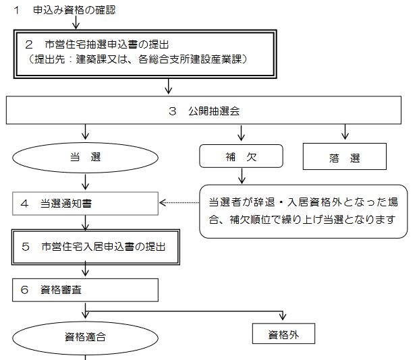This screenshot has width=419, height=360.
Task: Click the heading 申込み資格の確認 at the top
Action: click(x=74, y=11)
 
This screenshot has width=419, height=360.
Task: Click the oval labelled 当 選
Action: click(x=85, y=158)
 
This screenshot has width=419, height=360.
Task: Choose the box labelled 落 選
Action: click(x=345, y=158)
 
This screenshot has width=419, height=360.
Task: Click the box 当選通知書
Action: click(x=85, y=202)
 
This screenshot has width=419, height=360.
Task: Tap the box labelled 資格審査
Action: click(x=85, y=290)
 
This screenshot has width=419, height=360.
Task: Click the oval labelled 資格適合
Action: click(x=85, y=336)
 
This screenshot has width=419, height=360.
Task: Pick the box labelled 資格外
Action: click(x=283, y=334)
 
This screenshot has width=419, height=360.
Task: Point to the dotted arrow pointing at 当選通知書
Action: click(x=179, y=202)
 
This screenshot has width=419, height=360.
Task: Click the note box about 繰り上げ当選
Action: click(x=303, y=211)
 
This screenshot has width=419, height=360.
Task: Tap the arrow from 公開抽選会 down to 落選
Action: click(x=345, y=132)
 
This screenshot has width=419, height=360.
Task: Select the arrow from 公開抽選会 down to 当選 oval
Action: click(x=85, y=132)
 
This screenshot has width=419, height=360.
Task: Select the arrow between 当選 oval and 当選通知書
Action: click(x=85, y=181)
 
